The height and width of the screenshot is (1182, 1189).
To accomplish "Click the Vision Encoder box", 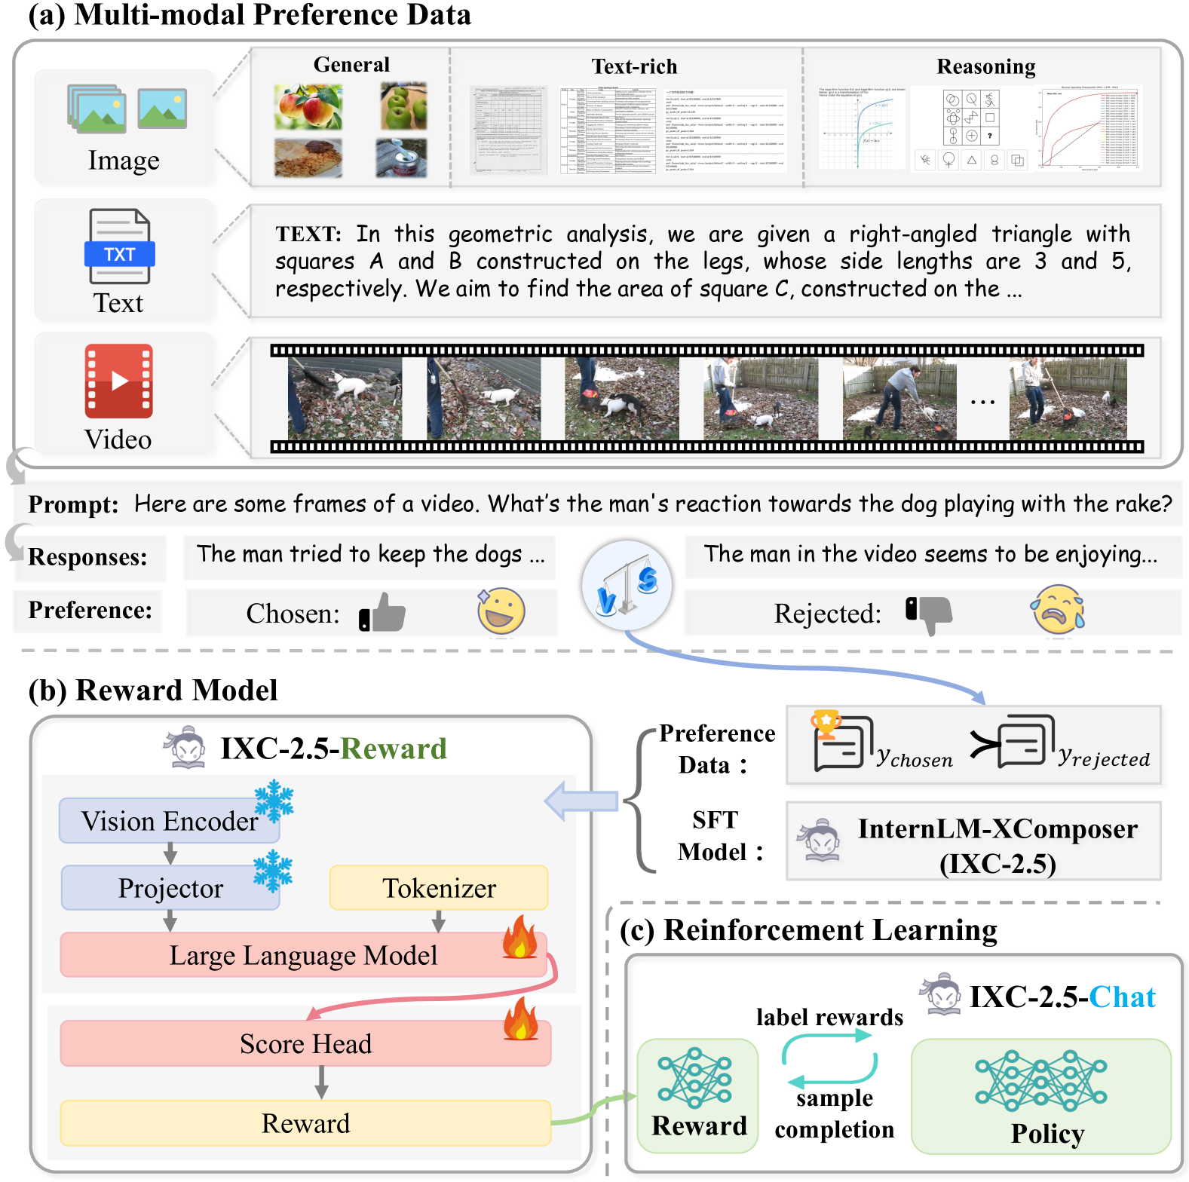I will coord(169,821).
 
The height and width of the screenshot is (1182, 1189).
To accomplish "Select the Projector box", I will coord(170,888).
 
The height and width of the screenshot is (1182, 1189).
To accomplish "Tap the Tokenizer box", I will coord(438,888).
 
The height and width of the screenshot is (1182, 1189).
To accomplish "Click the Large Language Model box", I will coord(302,955).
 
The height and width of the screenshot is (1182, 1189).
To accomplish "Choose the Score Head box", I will coord(305,1044).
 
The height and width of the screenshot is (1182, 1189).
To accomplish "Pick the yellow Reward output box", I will coord(305,1123).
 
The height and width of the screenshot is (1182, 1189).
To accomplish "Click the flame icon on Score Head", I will coord(520,1019).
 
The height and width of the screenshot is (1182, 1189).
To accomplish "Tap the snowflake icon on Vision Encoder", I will coord(274,801).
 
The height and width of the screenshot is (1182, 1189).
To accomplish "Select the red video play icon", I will coord(119,381).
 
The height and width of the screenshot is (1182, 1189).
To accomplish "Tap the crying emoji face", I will coord(1058,610).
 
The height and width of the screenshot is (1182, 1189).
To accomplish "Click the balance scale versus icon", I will coord(627,585).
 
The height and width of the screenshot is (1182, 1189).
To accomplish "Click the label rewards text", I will coord(829,1018).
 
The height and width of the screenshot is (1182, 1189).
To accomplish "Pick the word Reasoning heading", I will coord(985,66).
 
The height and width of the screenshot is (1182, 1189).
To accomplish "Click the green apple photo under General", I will coord(403,106).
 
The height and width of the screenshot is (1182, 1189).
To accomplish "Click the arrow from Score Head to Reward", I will coord(321,1082).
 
